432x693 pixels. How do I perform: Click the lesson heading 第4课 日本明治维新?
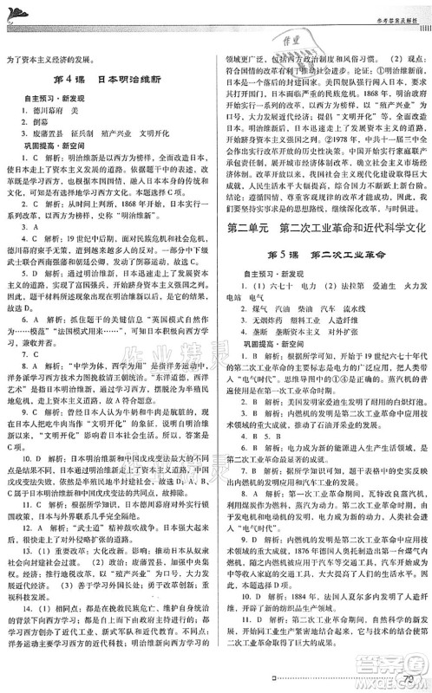(x=106, y=82)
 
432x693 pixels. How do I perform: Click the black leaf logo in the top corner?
(x=16, y=8)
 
